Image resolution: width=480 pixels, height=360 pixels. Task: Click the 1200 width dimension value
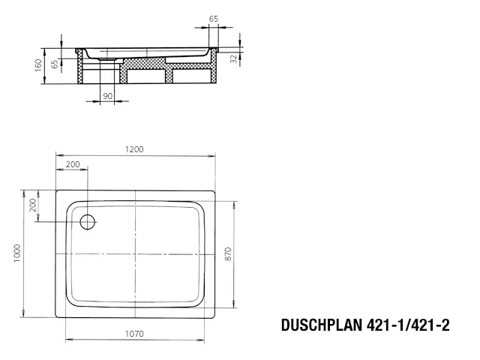pyautogui.click(x=136, y=149)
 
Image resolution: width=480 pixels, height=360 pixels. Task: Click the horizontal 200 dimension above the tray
pyautogui.click(x=73, y=163)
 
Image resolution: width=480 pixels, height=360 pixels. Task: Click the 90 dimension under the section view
pyautogui.click(x=107, y=97)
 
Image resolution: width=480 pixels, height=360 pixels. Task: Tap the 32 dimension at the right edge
pyautogui.click(x=233, y=56)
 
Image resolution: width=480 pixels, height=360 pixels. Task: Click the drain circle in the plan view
pyautogui.click(x=88, y=221)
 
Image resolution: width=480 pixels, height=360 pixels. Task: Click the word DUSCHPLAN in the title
pyautogui.click(x=322, y=325)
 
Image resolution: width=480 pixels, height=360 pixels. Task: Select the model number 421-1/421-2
pyautogui.click(x=409, y=325)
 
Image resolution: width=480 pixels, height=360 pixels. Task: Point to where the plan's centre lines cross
pyautogui.click(x=135, y=254)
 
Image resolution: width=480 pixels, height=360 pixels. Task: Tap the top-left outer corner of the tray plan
pyautogui.click(x=56, y=190)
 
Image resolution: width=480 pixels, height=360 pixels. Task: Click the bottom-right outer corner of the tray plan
pyautogui.click(x=215, y=318)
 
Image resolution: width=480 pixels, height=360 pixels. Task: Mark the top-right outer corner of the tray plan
pyautogui.click(x=215, y=190)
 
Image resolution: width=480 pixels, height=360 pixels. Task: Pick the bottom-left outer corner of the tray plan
pyautogui.click(x=56, y=318)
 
